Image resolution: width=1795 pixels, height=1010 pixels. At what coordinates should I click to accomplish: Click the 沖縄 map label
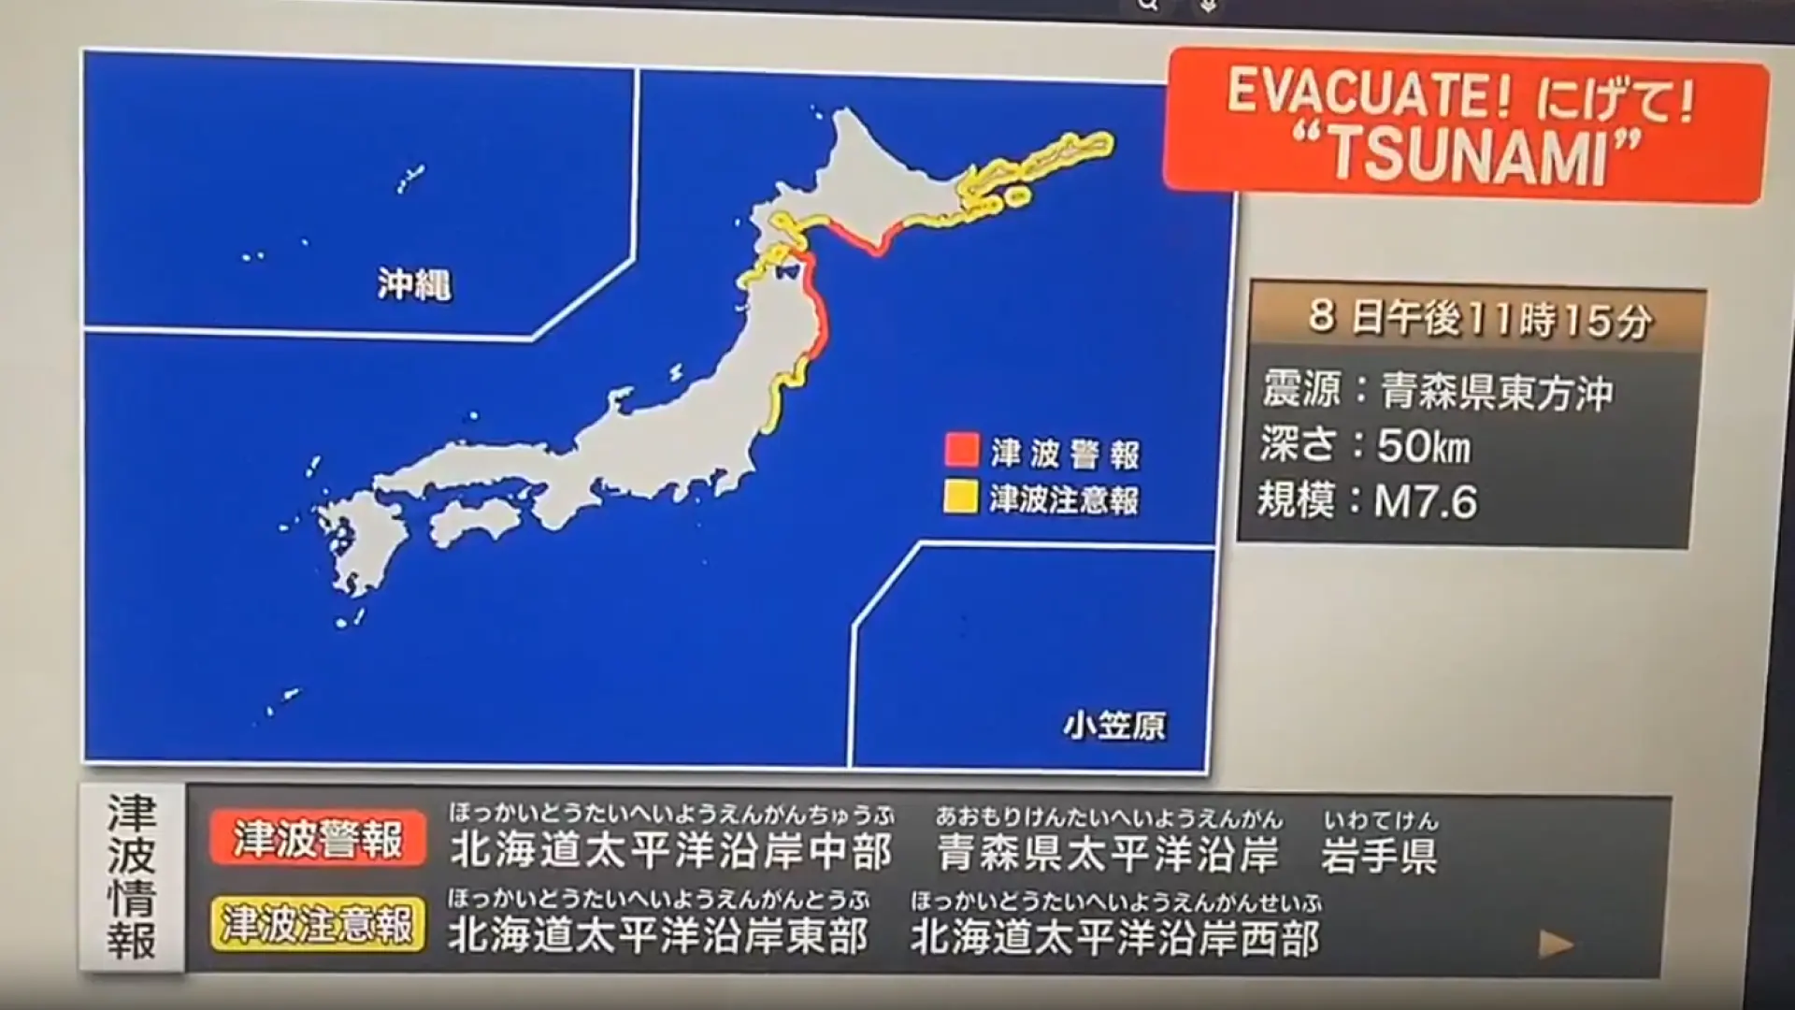coord(414,284)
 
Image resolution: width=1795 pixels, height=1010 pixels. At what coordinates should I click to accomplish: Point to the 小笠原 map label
coord(1114,726)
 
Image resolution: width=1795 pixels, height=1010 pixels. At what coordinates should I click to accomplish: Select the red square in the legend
coord(961,450)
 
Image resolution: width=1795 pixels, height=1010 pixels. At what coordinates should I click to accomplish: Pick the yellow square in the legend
coord(961,497)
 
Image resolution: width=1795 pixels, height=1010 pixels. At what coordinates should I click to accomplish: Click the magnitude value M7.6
coord(1425,502)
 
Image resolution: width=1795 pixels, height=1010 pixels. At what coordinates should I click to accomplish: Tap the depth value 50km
coord(1423,446)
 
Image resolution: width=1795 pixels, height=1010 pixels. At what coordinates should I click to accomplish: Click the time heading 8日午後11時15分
coord(1480,320)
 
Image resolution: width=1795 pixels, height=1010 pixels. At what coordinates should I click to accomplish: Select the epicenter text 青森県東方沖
coord(1497,392)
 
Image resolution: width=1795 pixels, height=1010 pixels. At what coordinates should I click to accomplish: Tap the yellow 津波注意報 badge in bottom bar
coord(318,925)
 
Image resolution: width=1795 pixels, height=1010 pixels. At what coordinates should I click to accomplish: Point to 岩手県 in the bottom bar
coord(1379,855)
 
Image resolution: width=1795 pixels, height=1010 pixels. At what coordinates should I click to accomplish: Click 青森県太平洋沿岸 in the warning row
coord(1108,853)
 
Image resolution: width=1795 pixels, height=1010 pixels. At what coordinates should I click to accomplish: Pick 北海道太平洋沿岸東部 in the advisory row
coord(659,934)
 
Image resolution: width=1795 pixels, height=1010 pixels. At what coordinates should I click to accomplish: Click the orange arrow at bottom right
coord(1556,945)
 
